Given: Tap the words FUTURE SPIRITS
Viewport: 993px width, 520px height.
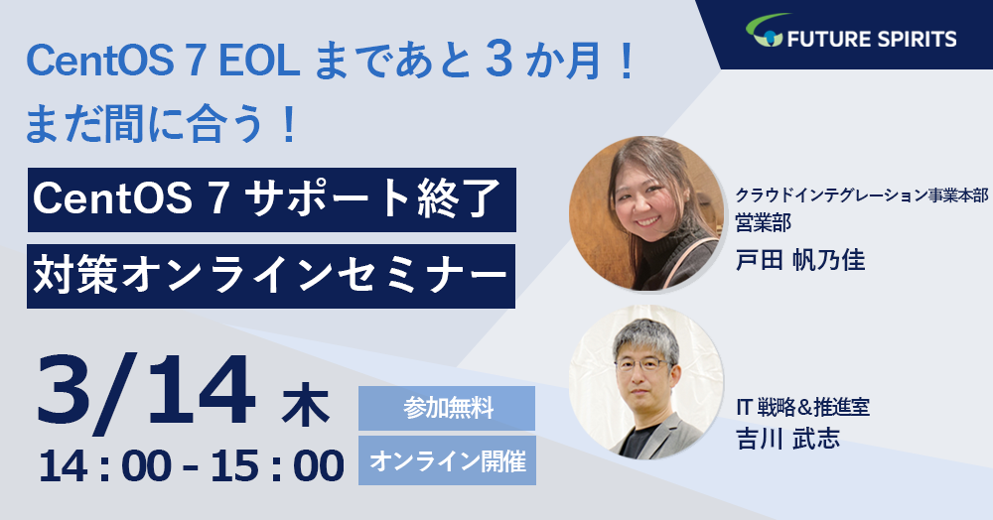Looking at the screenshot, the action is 872,39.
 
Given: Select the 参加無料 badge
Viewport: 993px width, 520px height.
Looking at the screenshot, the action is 447,408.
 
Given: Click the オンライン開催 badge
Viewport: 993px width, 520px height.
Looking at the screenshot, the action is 447,460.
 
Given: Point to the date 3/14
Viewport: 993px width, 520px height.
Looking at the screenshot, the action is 147,393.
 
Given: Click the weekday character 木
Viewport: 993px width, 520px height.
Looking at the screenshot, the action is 306,408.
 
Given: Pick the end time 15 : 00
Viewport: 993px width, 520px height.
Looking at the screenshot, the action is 278,466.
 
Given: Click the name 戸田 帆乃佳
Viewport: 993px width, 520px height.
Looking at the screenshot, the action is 799,260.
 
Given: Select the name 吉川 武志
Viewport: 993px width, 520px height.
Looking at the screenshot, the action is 787,438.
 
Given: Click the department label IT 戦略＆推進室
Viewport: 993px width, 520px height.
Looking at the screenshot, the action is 802,408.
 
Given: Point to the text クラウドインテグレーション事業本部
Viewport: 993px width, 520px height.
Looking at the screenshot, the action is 861,195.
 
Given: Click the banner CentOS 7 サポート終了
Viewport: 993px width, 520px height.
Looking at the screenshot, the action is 271,199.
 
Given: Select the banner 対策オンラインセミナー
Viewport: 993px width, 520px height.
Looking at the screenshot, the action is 271,277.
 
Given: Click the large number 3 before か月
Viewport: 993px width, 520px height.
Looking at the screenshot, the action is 499,62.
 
